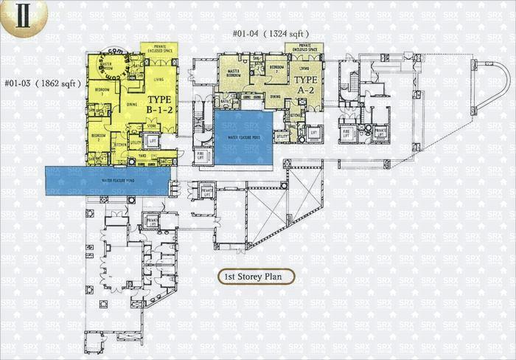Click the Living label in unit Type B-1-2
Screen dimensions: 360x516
tap(158, 79)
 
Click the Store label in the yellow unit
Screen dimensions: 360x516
tap(153, 125)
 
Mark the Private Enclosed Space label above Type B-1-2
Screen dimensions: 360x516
tap(158, 47)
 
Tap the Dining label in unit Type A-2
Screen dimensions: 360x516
tap(274, 97)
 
